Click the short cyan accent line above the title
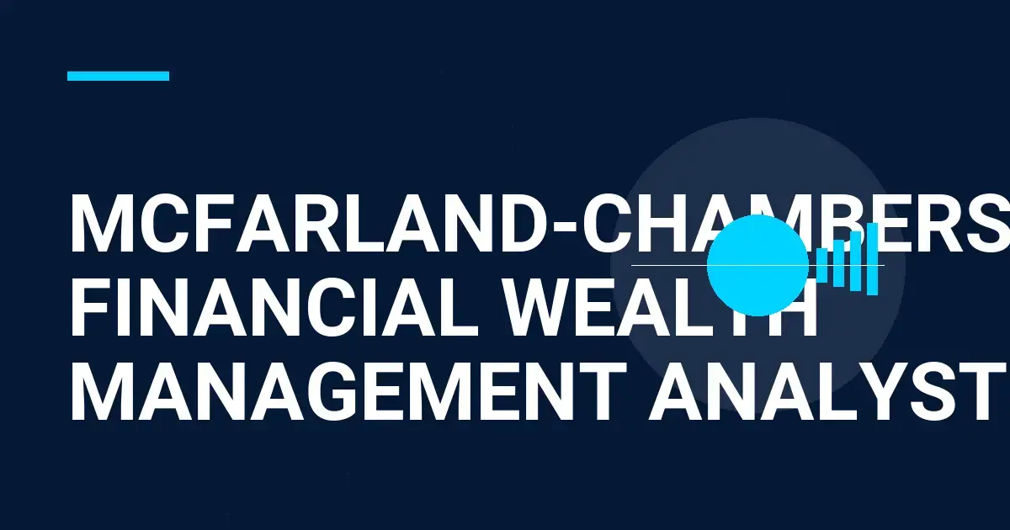[x=118, y=76]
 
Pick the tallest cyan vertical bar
[x=872, y=258]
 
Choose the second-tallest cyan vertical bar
[x=855, y=261]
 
